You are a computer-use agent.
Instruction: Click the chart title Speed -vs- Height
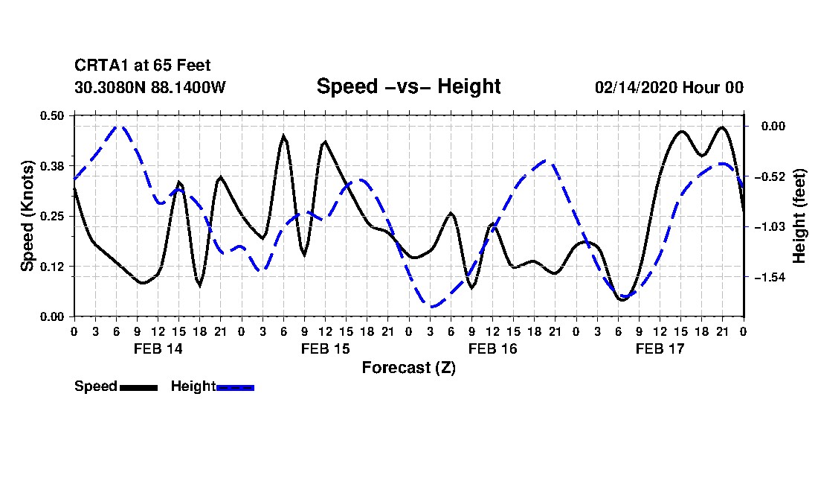click(408, 86)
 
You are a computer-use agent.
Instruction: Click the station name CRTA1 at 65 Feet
click(136, 66)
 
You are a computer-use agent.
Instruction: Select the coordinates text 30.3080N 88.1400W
click(149, 87)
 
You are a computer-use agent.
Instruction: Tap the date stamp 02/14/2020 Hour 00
click(669, 87)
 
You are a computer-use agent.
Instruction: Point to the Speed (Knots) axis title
click(28, 215)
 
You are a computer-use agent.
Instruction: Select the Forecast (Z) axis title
click(408, 367)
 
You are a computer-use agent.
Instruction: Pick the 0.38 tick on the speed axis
click(53, 165)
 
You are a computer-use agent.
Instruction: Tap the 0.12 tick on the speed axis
click(53, 266)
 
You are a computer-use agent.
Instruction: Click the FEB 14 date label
click(158, 348)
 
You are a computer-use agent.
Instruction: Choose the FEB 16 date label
click(492, 348)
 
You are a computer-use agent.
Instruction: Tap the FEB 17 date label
click(660, 348)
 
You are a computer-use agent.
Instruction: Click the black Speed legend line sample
click(138, 387)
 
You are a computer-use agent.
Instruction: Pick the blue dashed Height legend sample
click(235, 387)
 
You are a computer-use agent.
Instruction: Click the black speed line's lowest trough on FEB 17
click(623, 299)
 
